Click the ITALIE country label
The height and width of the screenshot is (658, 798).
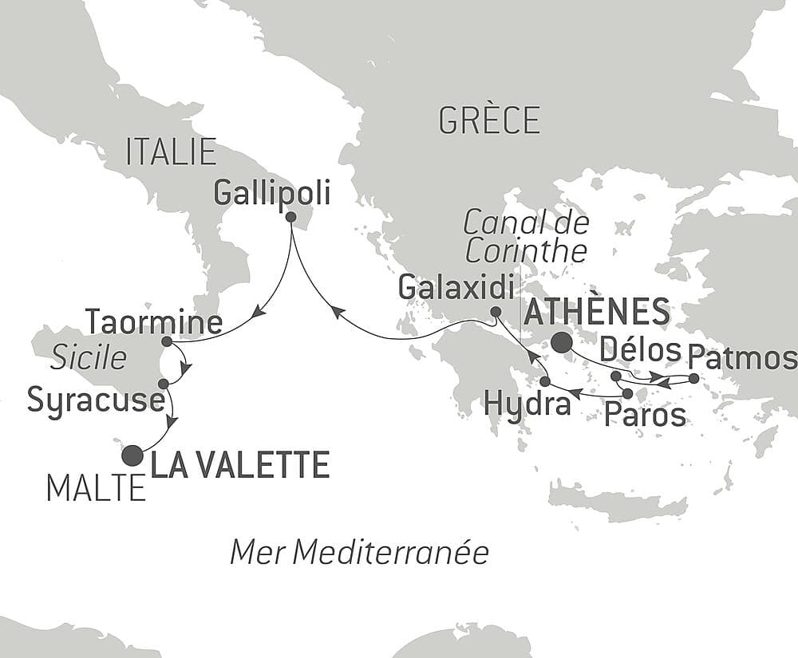click(x=172, y=152)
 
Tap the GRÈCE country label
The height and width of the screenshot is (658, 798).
click(x=489, y=120)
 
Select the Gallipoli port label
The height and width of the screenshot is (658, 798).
click(x=273, y=192)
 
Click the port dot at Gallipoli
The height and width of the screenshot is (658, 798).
click(x=290, y=217)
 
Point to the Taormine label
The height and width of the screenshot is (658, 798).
click(x=154, y=323)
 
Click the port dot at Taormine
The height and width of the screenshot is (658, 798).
click(x=167, y=341)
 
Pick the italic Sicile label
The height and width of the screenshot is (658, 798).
click(x=89, y=358)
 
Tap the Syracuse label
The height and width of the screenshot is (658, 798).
click(x=95, y=400)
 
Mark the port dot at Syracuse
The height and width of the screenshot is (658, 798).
click(x=164, y=384)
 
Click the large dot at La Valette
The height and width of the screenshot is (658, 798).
click(x=132, y=455)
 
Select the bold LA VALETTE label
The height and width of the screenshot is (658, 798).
click(x=240, y=465)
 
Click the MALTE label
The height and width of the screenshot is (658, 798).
click(x=96, y=487)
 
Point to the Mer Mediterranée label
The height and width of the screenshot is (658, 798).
click(x=359, y=552)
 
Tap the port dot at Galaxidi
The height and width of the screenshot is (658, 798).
click(x=496, y=312)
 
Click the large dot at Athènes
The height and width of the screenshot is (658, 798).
click(x=561, y=343)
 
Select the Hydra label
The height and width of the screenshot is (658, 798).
click(x=528, y=404)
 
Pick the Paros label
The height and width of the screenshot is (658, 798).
click(x=645, y=415)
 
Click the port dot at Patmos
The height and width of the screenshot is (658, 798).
click(x=693, y=378)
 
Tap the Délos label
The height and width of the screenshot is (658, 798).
click(x=641, y=349)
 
